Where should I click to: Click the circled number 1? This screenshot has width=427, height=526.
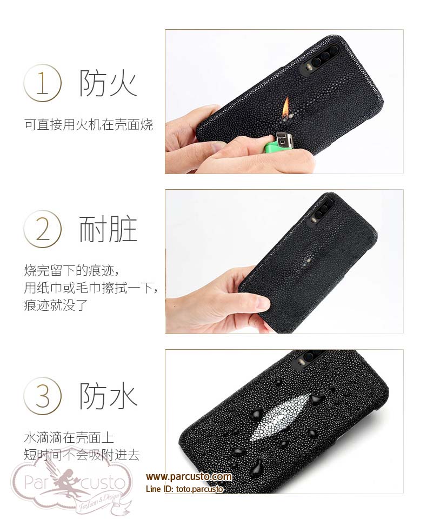tap(43, 83)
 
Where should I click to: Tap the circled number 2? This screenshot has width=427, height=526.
tap(43, 229)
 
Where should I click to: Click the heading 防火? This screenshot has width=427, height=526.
tap(108, 83)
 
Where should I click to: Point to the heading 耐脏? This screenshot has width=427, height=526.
tap(108, 229)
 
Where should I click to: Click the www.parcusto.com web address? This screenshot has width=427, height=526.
tap(189, 477)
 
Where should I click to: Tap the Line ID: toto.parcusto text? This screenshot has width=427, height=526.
tap(184, 489)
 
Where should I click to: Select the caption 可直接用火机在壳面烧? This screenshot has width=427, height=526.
tap(89, 125)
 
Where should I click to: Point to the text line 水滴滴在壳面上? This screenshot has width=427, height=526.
tap(69, 438)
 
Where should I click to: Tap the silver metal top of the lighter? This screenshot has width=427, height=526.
tap(283, 139)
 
